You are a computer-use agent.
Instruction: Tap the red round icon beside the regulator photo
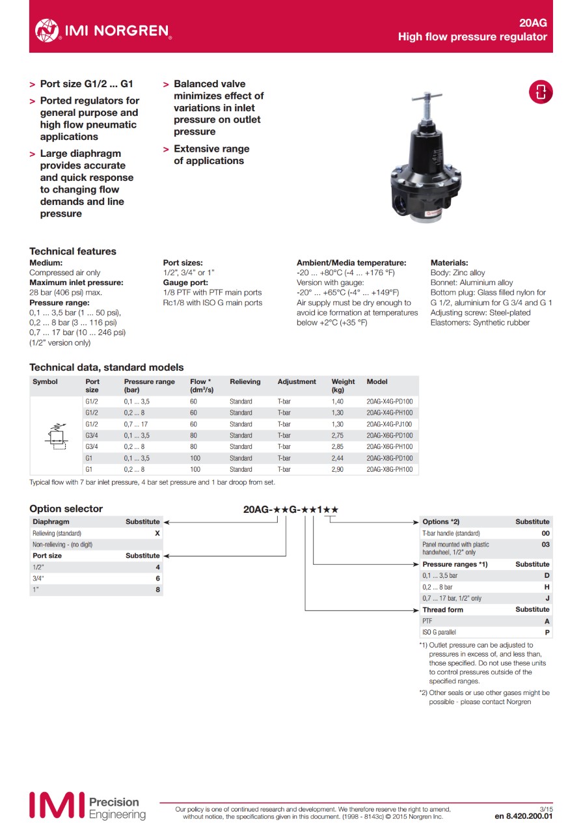tap(540, 92)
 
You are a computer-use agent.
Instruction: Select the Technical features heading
tap(73, 251)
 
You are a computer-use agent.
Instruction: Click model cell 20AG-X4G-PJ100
tap(389, 424)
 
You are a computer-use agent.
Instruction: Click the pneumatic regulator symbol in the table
tap(57, 435)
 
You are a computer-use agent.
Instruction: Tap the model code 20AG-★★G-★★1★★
tap(291, 510)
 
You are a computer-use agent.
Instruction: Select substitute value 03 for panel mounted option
tap(545, 545)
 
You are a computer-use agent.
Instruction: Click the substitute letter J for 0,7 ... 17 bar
tap(547, 598)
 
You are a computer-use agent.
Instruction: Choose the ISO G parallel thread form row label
tap(439, 632)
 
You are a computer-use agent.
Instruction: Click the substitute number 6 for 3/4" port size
tap(157, 579)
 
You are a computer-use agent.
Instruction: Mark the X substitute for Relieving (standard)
tap(157, 533)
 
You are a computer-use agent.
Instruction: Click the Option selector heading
tap(66, 509)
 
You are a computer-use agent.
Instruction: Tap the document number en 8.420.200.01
tap(524, 815)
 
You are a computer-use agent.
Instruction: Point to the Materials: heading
tap(449, 263)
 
